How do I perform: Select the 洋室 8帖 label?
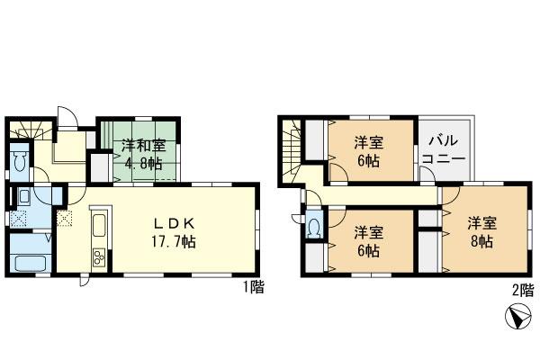(x=481, y=231)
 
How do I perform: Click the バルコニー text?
(x=445, y=149)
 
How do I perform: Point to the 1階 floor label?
(x=253, y=287)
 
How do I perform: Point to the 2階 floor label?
(x=521, y=290)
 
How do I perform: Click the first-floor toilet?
(x=21, y=162)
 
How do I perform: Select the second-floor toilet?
(x=313, y=227)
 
